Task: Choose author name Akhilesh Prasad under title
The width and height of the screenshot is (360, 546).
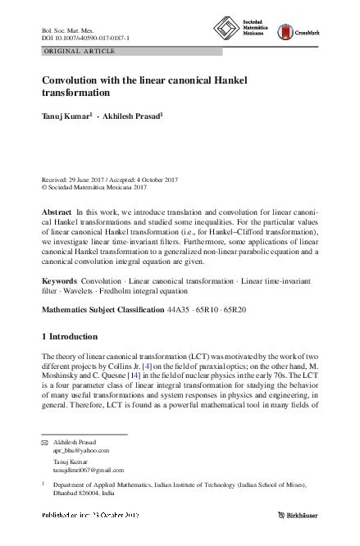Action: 133,116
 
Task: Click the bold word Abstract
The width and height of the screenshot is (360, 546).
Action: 56,212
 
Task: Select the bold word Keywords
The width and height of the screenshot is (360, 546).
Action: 59,281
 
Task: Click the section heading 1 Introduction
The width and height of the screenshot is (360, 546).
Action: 70,337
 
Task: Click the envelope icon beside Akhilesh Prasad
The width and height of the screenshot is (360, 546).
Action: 45,442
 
